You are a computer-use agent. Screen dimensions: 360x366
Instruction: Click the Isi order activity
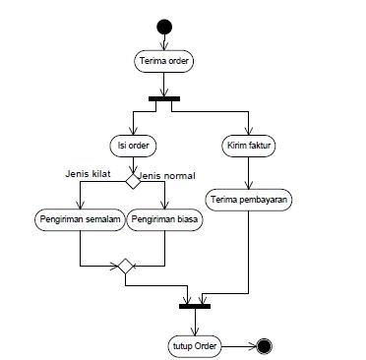pos(131,145)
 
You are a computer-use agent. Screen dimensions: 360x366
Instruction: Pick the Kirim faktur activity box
pos(248,145)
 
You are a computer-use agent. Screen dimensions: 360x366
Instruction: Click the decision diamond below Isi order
pos(131,177)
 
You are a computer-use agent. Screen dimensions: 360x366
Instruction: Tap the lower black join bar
pos(195,305)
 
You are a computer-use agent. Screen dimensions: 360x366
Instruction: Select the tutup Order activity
pos(195,345)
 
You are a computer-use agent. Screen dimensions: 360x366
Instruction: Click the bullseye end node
pos(263,345)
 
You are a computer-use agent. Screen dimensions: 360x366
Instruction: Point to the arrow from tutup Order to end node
pos(240,345)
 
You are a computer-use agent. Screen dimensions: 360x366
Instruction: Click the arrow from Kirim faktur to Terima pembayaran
pos(248,171)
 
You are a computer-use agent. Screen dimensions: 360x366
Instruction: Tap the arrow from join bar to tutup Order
pos(195,321)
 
